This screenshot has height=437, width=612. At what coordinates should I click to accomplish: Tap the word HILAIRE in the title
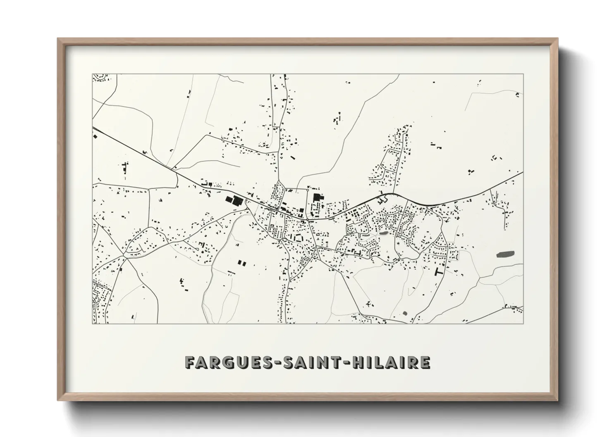tap(391, 362)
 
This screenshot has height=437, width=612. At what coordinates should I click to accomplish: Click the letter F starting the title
tap(191, 362)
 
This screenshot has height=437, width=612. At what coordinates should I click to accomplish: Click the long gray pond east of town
tap(504, 254)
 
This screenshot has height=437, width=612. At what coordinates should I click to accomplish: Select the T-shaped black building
tap(438, 271)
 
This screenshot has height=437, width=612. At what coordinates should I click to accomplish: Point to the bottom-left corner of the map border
tap(93, 323)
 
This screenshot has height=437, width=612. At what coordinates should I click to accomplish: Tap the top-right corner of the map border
tap(524, 74)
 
